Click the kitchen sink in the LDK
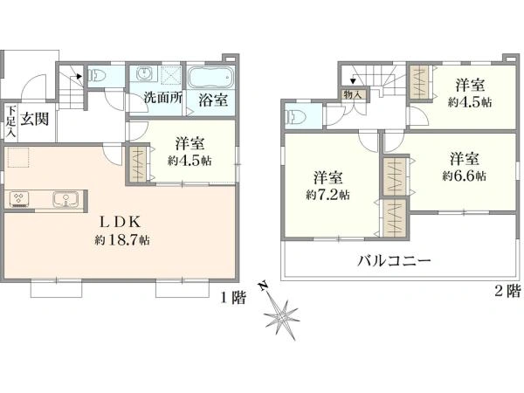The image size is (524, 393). [x=65, y=199]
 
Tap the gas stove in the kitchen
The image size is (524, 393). [x=18, y=199]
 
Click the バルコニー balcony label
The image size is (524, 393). [x=395, y=260]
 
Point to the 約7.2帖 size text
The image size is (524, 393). [x=328, y=194]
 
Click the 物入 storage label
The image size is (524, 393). [x=353, y=94]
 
